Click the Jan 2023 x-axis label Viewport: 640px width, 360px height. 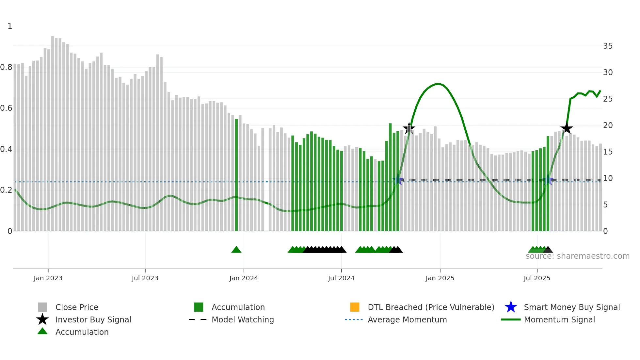pyautogui.click(x=48, y=278)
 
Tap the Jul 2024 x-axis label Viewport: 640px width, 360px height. pyautogui.click(x=341, y=278)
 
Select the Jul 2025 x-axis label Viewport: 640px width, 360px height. pyautogui.click(x=537, y=278)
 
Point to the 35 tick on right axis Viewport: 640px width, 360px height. pyautogui.click(x=608, y=46)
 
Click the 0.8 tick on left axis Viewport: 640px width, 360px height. pyautogui.click(x=6, y=67)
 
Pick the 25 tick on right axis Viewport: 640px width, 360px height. pyautogui.click(x=608, y=99)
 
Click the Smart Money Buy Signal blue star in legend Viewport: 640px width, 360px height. pyautogui.click(x=511, y=307)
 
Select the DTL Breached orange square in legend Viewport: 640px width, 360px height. pyautogui.click(x=355, y=307)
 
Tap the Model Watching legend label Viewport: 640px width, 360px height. pyautogui.click(x=243, y=319)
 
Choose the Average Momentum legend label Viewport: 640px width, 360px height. pyautogui.click(x=407, y=319)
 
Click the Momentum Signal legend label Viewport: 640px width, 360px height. pyautogui.click(x=559, y=319)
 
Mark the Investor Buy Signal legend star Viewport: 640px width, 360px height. pyautogui.click(x=42, y=319)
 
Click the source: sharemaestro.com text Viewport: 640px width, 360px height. pyautogui.click(x=577, y=256)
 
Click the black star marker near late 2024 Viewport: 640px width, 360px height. pyautogui.click(x=409, y=128)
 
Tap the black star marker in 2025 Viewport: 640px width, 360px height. pyautogui.click(x=567, y=128)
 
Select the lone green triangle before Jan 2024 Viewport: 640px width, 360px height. pyautogui.click(x=236, y=250)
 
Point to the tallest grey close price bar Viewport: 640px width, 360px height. pyautogui.click(x=53, y=131)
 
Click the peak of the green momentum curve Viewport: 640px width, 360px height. pyautogui.click(x=439, y=84)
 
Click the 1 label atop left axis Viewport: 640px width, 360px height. pyautogui.click(x=10, y=26)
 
